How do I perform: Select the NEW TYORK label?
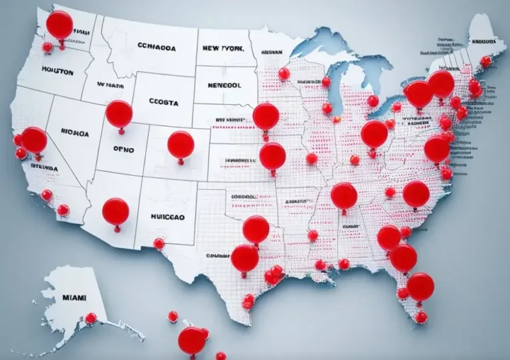click(x=222, y=49)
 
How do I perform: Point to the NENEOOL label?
click(x=225, y=86)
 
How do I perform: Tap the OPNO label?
click(x=123, y=149)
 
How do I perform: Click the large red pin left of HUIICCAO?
click(x=116, y=211)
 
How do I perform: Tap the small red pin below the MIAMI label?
click(x=90, y=318)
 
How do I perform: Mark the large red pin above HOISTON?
click(x=59, y=25)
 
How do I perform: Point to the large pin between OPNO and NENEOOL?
click(x=181, y=144)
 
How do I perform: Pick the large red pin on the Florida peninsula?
click(x=420, y=286)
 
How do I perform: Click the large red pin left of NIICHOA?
click(x=34, y=140)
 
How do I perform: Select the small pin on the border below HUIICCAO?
click(x=159, y=244)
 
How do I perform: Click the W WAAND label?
click(x=110, y=85)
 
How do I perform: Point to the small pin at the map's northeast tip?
click(x=486, y=61)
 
